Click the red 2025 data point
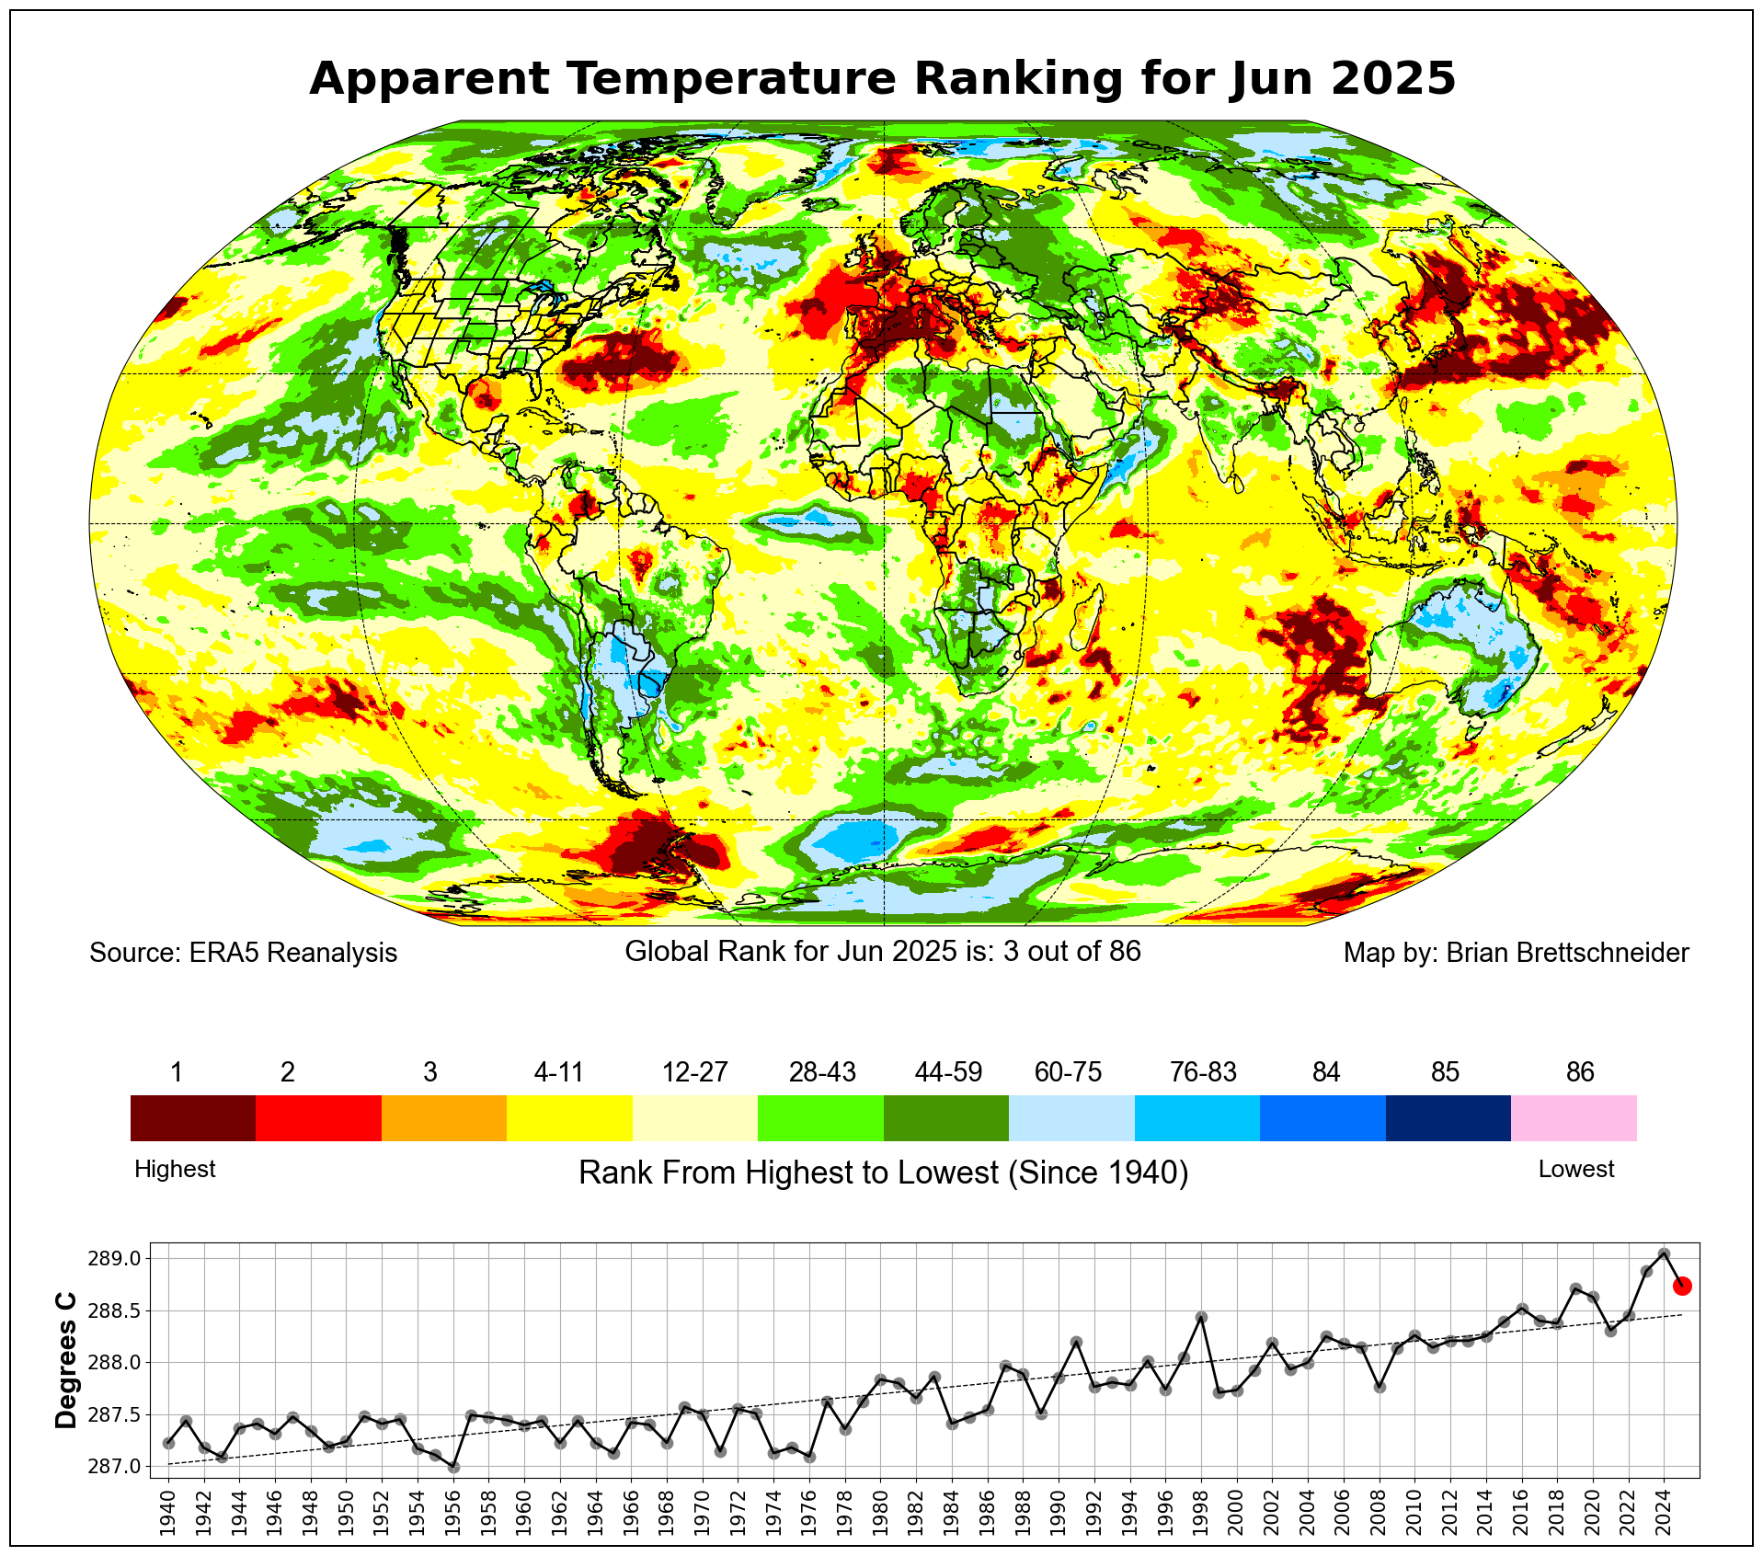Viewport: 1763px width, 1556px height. [1682, 1286]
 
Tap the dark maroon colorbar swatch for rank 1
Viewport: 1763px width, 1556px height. [192, 1117]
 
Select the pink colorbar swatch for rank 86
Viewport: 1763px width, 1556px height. [1574, 1117]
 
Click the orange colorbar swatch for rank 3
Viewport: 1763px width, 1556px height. [443, 1117]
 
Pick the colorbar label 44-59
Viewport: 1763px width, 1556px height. [948, 1072]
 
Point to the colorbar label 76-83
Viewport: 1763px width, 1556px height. [1203, 1072]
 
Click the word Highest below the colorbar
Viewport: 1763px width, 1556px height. [175, 1169]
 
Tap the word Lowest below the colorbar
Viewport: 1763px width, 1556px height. [1576, 1169]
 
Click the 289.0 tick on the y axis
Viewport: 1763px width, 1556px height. [115, 1258]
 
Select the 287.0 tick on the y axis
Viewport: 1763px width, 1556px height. [115, 1466]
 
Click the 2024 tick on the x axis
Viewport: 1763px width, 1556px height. [1664, 1509]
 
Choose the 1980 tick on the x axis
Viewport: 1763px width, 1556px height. [880, 1509]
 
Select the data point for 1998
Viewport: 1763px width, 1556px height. [1201, 1318]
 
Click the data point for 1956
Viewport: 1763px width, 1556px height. [453, 1468]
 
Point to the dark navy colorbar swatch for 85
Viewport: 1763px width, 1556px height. [1448, 1117]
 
